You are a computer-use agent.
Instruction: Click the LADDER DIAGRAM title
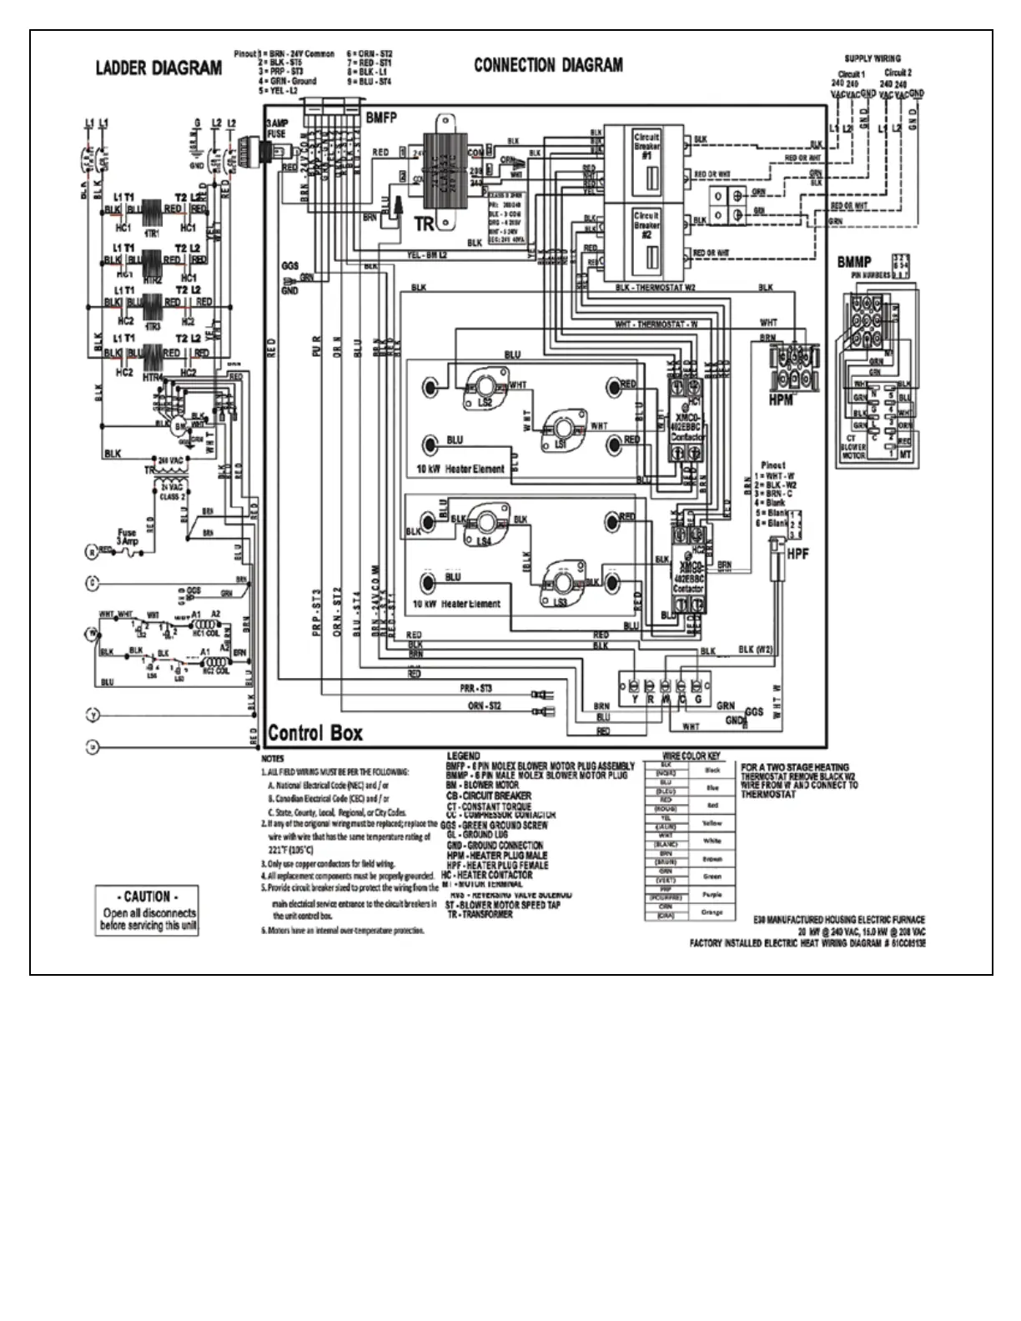(158, 68)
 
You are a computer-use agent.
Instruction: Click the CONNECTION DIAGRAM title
(548, 65)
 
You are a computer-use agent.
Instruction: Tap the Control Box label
(315, 733)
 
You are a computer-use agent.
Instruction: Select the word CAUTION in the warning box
(147, 897)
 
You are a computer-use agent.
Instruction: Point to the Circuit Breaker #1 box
(647, 163)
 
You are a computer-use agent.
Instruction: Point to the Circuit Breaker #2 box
(647, 242)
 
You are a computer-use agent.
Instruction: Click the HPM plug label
(781, 401)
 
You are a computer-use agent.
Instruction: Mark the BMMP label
(853, 263)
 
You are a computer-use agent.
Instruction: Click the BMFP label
(381, 118)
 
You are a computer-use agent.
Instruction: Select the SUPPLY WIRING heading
(873, 58)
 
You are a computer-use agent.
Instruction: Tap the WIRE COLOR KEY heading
(690, 756)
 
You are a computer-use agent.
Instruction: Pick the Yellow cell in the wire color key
(712, 823)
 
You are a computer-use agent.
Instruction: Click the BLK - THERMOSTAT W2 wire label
(656, 288)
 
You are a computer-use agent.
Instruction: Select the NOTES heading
(273, 759)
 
